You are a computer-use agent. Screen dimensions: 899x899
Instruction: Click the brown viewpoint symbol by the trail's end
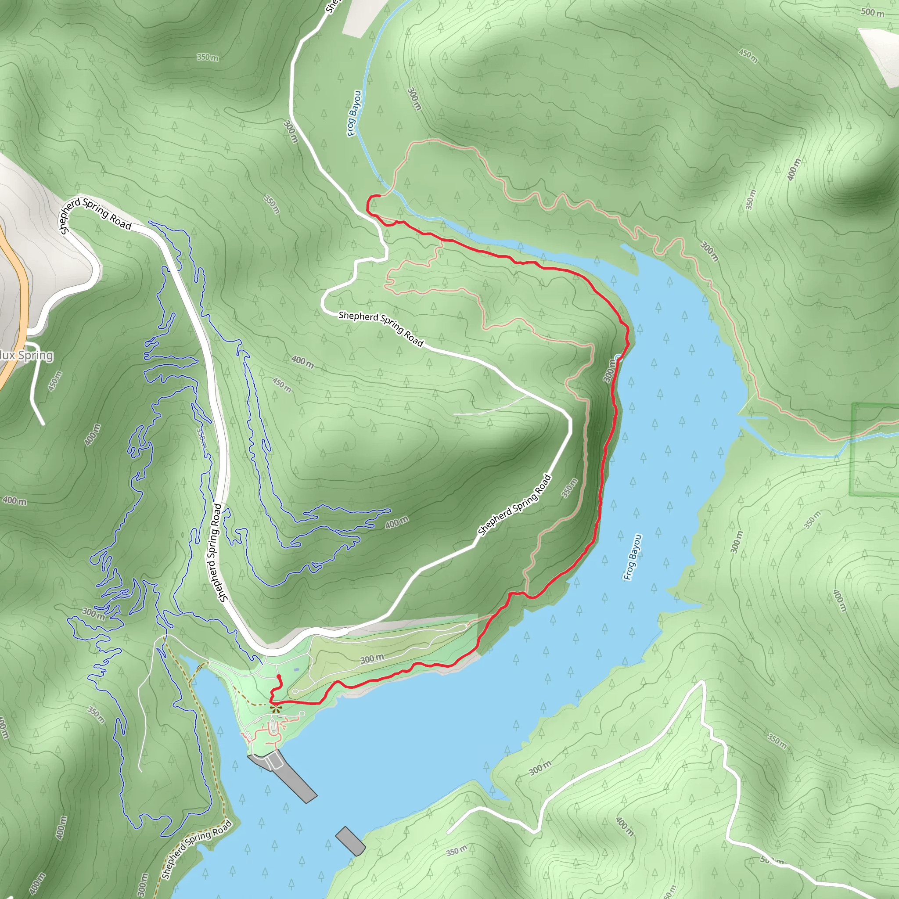coord(276,708)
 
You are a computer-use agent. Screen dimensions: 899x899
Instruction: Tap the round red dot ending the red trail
coord(278,676)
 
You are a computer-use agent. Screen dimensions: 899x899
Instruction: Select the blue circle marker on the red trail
coord(618,357)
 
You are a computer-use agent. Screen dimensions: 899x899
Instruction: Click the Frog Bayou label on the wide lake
coord(633,557)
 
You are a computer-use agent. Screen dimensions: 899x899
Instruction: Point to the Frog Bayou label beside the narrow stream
coord(354,114)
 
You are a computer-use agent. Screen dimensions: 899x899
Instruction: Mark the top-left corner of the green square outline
coord(853,404)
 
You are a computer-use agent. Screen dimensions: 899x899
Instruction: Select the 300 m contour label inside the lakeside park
coord(372,659)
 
